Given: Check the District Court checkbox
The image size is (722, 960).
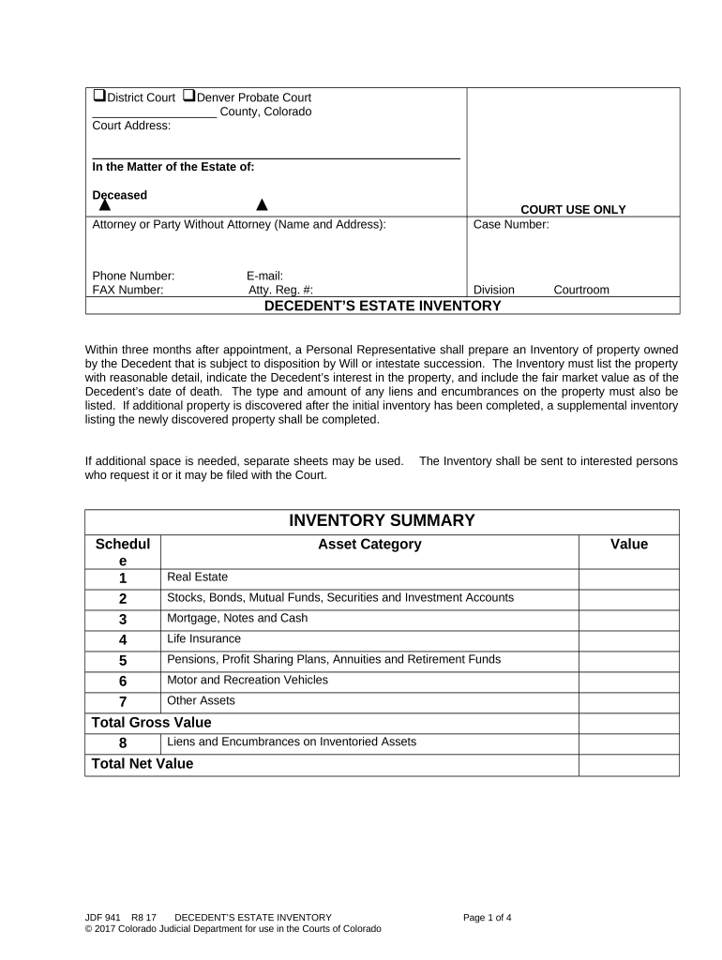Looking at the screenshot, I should [x=98, y=97].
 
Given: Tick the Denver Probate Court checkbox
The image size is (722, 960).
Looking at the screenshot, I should [x=188, y=97].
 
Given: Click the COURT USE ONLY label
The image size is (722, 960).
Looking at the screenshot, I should [x=573, y=210].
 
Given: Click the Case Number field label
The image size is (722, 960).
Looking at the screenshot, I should [x=511, y=225].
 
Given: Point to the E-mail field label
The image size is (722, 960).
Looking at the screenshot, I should [x=264, y=276].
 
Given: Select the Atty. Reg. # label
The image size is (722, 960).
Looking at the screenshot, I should [x=274, y=290].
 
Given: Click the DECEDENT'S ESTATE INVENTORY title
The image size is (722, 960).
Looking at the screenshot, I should [x=382, y=306].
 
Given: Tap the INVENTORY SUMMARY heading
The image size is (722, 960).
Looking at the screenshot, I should [x=382, y=521].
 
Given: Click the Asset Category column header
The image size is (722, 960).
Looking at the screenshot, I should [x=369, y=545].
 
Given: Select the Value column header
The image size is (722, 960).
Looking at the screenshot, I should [x=628, y=545].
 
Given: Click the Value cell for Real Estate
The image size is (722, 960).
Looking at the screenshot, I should [x=628, y=578].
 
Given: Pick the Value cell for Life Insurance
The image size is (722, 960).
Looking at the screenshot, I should [x=628, y=640].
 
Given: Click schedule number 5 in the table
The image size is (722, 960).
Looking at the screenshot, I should [x=122, y=661].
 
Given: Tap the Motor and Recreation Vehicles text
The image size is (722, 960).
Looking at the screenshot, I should [x=248, y=680].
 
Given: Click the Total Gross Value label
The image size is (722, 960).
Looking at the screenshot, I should [x=151, y=722].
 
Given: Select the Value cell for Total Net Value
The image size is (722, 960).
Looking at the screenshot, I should [x=628, y=764].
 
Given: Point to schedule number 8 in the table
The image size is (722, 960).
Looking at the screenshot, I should [x=122, y=742].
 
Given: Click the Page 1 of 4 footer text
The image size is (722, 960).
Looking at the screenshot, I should [x=488, y=917].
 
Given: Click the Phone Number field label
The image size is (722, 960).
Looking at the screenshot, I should [x=133, y=276].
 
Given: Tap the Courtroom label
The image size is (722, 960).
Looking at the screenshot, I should [x=581, y=290].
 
